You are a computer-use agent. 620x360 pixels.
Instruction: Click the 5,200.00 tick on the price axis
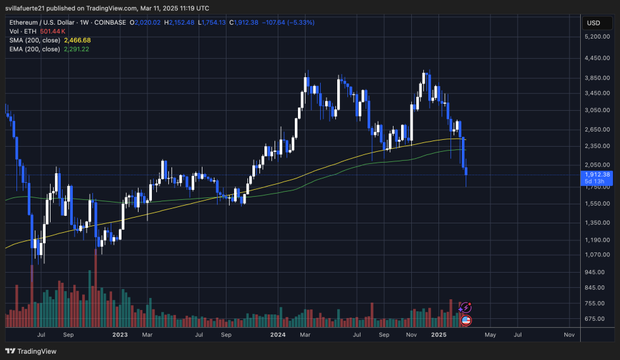[598, 37]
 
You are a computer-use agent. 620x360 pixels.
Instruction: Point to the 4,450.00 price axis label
[598, 58]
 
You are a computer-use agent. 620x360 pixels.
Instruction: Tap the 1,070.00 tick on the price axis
[598, 255]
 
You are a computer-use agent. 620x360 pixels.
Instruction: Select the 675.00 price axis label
[598, 319]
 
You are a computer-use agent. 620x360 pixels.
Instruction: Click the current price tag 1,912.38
[598, 175]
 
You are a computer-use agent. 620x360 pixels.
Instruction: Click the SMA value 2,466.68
[77, 40]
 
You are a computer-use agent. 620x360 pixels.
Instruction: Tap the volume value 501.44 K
[53, 31]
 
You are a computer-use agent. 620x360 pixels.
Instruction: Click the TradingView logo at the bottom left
[31, 351]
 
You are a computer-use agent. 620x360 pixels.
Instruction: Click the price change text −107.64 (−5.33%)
[288, 22]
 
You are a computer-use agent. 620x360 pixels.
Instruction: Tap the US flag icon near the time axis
[466, 320]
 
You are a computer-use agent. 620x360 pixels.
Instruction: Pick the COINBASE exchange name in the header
[109, 22]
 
